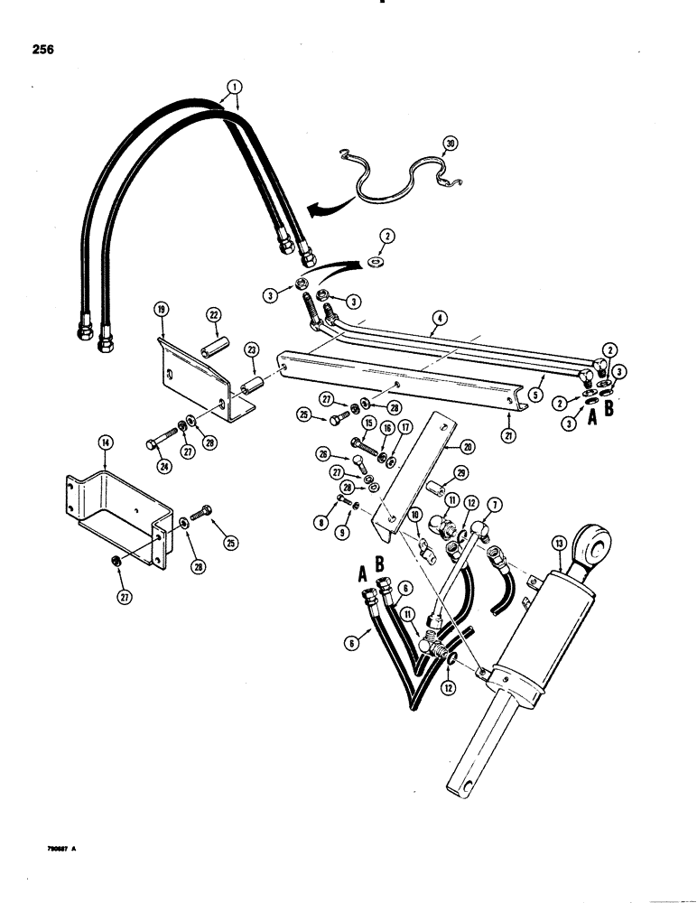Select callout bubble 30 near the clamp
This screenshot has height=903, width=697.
(x=451, y=144)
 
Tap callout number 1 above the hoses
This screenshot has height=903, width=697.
(x=235, y=88)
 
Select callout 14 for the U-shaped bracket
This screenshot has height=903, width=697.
(x=105, y=442)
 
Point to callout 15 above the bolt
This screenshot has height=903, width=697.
(x=369, y=423)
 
